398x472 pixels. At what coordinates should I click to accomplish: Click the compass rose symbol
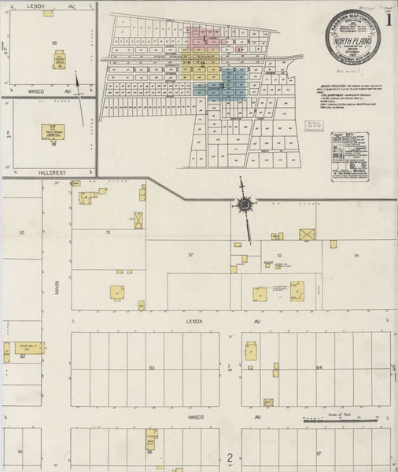(245, 205)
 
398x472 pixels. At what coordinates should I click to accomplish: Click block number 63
(152, 367)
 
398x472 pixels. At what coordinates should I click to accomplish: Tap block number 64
(319, 367)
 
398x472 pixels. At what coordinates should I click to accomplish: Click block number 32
(190, 255)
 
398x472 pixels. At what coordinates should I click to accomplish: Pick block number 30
(21, 233)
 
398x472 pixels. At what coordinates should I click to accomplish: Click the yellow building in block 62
(34, 347)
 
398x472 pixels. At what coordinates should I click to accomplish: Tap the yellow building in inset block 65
(59, 60)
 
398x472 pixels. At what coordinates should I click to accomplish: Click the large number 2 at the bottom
(230, 457)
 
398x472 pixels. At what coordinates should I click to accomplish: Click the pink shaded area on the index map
(207, 35)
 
